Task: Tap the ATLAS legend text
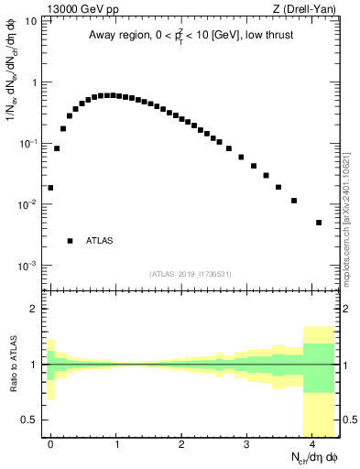99,241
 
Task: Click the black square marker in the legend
70,241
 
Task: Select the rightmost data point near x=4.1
319,223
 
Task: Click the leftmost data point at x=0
50,188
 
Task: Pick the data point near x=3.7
294,201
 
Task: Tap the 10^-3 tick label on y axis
27,266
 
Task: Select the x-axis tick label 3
246,443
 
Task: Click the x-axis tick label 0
50,443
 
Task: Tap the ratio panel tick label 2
34,310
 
